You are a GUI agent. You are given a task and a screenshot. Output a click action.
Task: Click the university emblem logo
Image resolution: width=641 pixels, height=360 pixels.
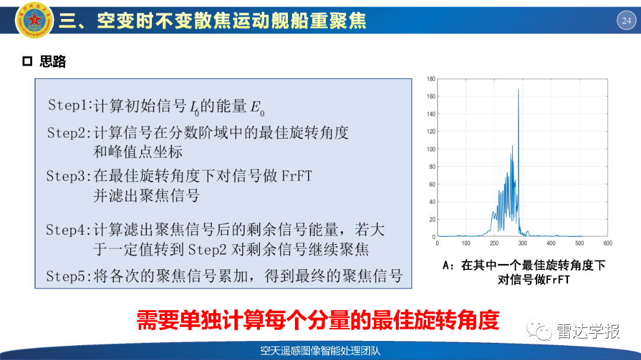[34, 20]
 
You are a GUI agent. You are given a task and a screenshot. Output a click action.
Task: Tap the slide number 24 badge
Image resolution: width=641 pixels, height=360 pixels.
[626, 20]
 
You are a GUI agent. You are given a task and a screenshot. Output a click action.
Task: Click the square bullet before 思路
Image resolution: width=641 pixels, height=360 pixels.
[27, 61]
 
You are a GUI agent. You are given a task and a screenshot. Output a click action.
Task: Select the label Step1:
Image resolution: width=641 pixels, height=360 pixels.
[70, 106]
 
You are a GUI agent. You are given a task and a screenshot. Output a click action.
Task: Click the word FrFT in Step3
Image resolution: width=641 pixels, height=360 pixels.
[297, 176]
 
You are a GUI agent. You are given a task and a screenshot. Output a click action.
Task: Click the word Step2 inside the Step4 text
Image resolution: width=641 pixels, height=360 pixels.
[207, 249]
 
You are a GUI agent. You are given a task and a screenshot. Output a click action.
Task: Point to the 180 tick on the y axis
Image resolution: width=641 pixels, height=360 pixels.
[431, 79]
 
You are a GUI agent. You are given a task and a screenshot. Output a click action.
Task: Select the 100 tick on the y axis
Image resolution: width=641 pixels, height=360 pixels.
[431, 149]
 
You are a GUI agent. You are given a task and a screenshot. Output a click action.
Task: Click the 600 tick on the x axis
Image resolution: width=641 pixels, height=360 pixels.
[608, 243]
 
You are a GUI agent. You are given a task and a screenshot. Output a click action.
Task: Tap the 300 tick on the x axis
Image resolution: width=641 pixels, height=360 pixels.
[522, 243]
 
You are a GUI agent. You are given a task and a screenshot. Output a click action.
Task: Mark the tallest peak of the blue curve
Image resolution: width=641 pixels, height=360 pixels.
[518, 90]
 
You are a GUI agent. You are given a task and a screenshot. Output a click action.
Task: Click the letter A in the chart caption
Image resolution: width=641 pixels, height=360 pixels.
[446, 266]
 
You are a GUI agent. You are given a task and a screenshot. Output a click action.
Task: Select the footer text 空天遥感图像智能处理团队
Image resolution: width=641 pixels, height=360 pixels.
[320, 351]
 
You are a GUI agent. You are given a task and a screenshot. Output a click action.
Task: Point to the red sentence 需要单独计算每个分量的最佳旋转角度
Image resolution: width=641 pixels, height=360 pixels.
[318, 320]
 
